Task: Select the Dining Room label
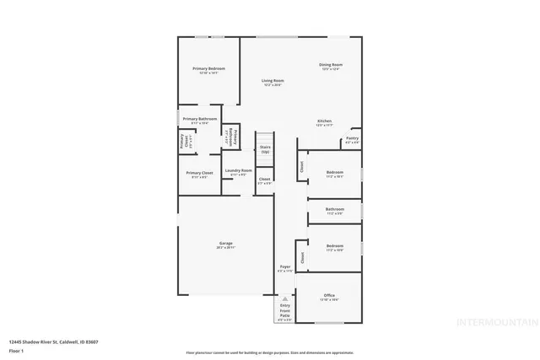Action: [x=330, y=65]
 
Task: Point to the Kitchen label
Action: [x=325, y=121]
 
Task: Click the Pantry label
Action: [x=352, y=138]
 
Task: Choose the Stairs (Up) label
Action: [x=265, y=148]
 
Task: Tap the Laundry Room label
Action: [x=238, y=171]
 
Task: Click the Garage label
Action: [x=225, y=244]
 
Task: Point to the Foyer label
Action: [x=285, y=266]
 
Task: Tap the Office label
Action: [x=329, y=295]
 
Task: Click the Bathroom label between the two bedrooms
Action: [x=335, y=209]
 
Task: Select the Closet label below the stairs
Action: [x=264, y=179]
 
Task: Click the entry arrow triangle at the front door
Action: [x=285, y=299]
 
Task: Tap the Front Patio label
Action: [x=285, y=314]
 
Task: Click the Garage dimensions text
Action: [x=225, y=248]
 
